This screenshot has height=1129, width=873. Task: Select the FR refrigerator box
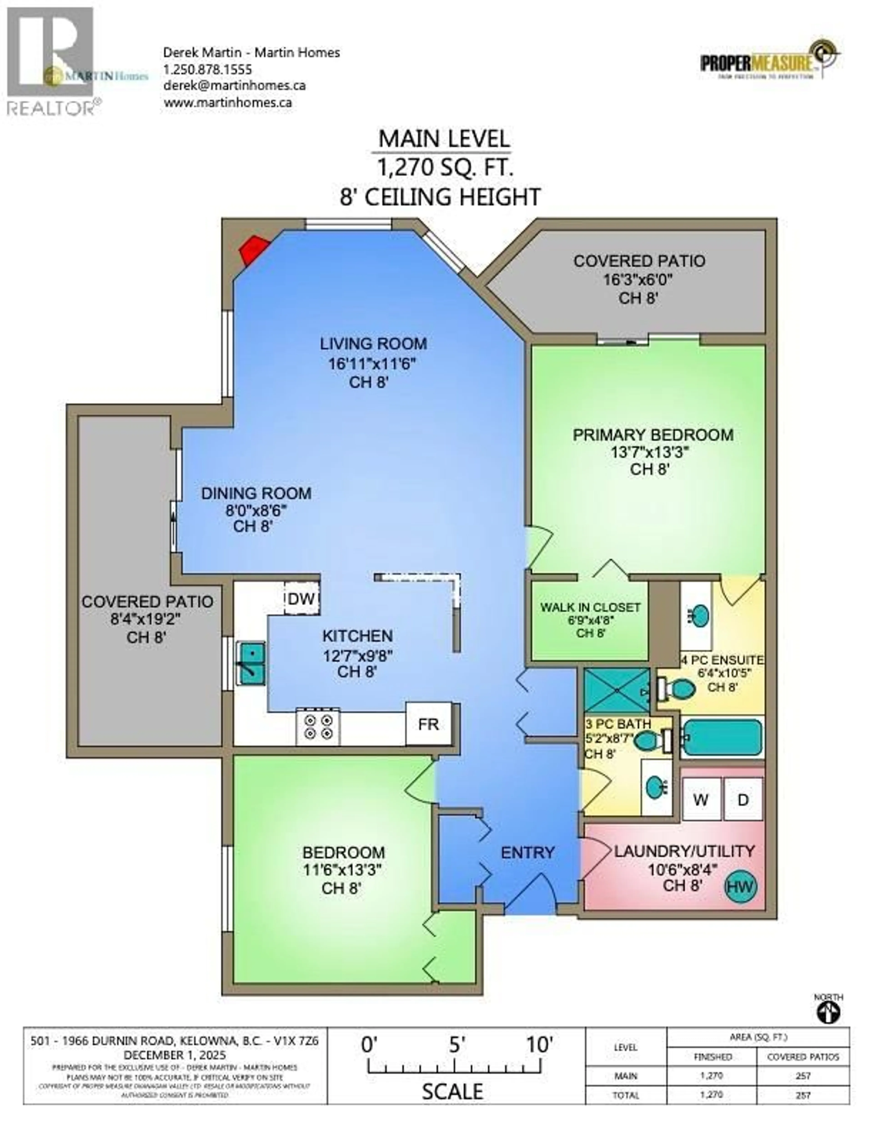click(x=428, y=724)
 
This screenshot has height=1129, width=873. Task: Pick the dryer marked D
click(x=743, y=800)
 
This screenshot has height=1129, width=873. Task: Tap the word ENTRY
click(x=527, y=852)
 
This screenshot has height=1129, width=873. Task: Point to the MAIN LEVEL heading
click(x=444, y=139)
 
